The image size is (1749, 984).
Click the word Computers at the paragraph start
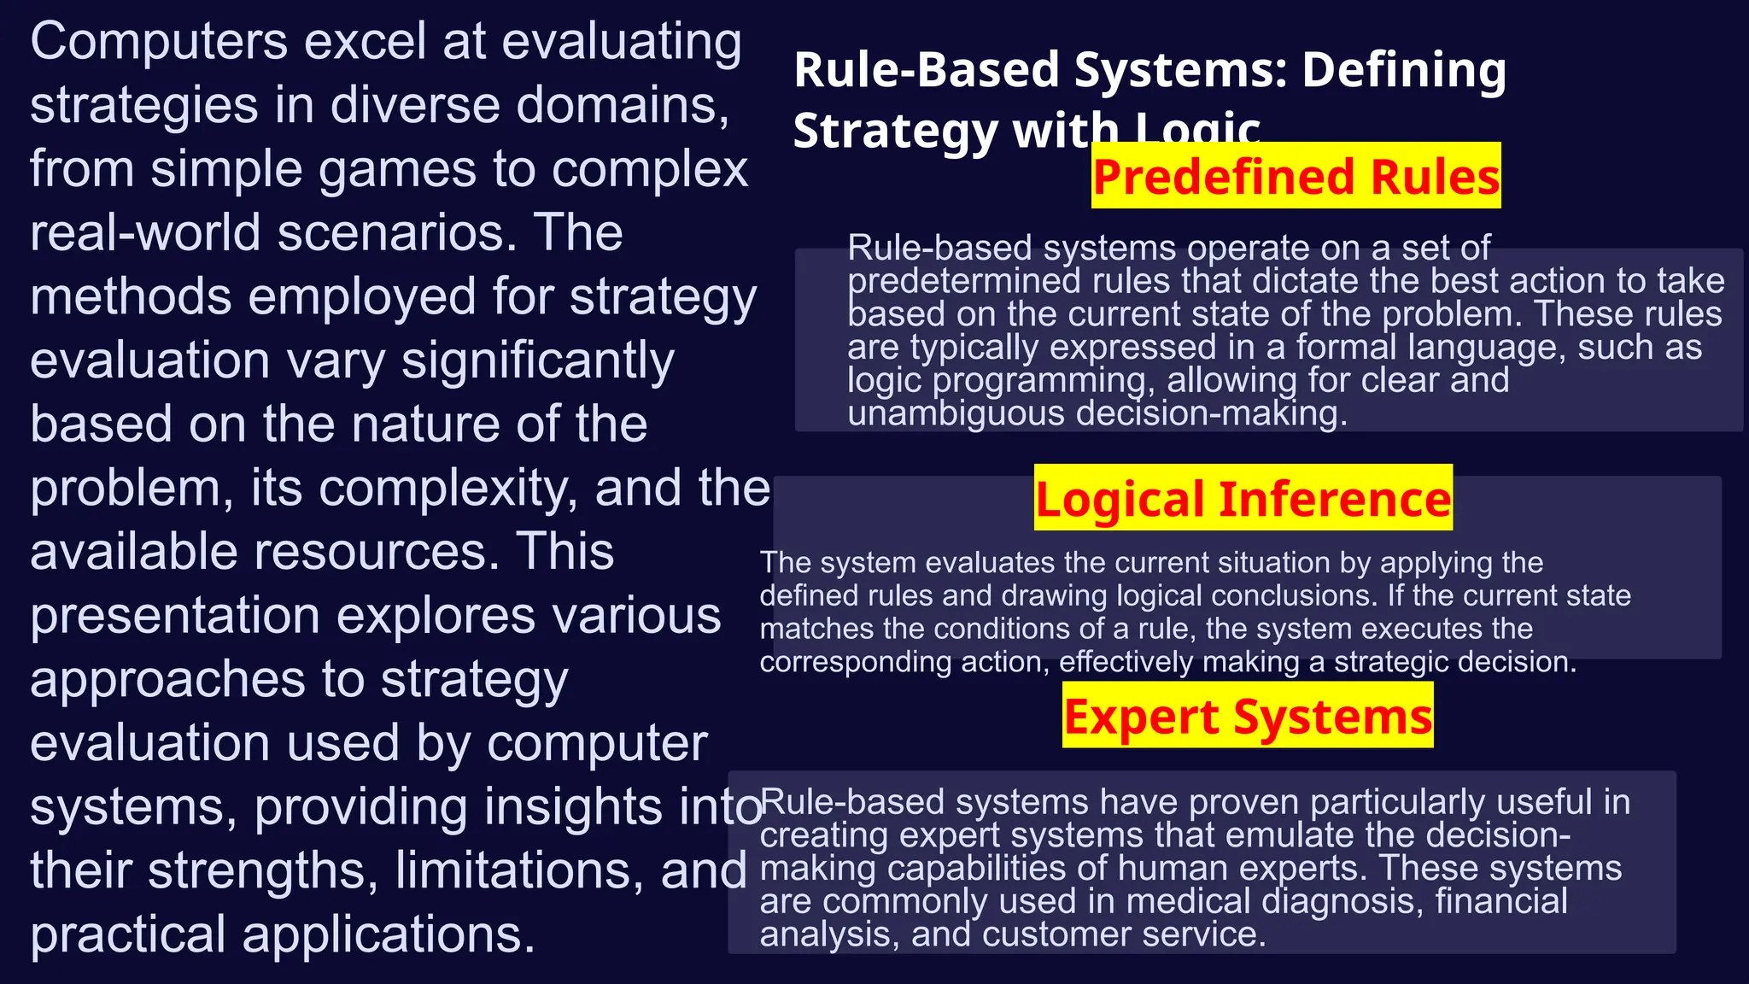point(159,42)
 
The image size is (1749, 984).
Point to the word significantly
point(537,360)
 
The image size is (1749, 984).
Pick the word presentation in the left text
point(176,616)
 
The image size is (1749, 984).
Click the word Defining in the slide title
point(1404,70)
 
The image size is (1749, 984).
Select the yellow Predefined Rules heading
point(1296,176)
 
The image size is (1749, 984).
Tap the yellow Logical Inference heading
point(1243,498)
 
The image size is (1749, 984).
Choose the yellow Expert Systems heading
point(1248,716)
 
